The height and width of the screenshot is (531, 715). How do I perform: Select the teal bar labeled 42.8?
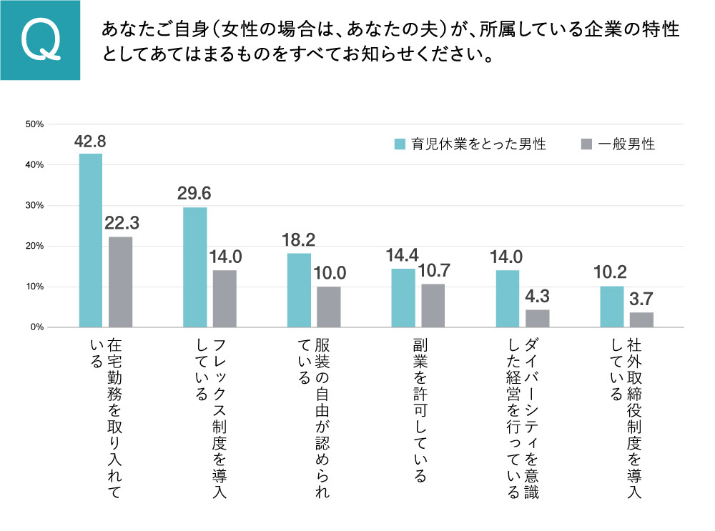click(90, 240)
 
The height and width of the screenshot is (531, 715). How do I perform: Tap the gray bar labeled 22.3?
click(120, 282)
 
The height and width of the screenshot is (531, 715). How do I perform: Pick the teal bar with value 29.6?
click(195, 267)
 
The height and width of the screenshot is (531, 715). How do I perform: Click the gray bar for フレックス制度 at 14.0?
click(225, 299)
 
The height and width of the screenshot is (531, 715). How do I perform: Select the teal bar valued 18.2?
click(299, 290)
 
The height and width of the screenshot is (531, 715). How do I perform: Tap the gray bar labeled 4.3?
click(537, 318)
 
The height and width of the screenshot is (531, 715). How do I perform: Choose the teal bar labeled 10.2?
click(611, 307)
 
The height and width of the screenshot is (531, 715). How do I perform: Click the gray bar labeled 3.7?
click(641, 319)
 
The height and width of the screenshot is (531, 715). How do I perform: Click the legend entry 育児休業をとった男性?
click(471, 144)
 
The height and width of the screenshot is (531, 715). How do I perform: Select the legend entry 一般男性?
click(618, 144)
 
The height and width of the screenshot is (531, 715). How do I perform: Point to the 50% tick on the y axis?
click(34, 124)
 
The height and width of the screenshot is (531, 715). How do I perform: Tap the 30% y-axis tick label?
click(34, 206)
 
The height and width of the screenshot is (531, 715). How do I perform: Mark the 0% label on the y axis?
click(36, 327)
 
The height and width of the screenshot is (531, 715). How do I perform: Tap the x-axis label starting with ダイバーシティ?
click(522, 418)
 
